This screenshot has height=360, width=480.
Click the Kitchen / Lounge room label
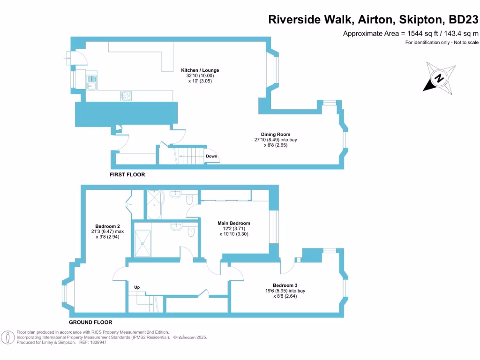click(200, 70)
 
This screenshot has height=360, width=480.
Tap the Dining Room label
click(279, 135)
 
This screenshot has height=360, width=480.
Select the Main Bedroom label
click(233, 223)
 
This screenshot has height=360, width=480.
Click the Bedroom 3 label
click(285, 285)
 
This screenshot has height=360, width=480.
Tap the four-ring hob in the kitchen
click(126, 96)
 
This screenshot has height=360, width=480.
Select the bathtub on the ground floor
click(154, 204)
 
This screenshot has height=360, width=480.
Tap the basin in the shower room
click(176, 226)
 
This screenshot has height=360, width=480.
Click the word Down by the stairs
click(211, 156)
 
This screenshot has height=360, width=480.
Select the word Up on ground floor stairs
click(137, 287)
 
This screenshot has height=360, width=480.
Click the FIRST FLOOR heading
click(127, 174)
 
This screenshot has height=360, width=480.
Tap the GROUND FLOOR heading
click(90, 322)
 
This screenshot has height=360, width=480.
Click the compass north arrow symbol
click(439, 78)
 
